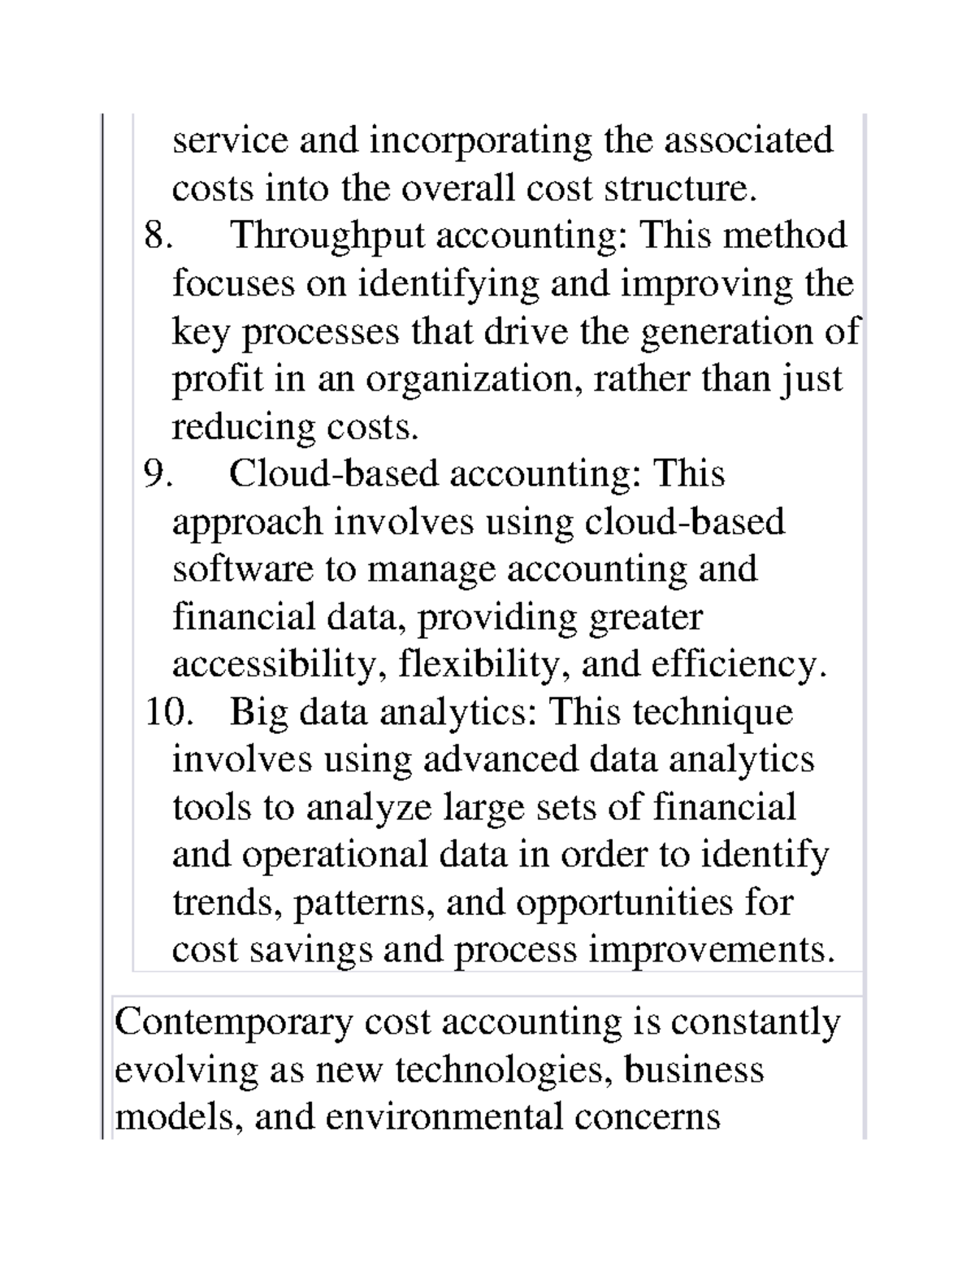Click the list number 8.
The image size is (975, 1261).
(x=158, y=236)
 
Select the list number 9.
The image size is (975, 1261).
(x=158, y=474)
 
